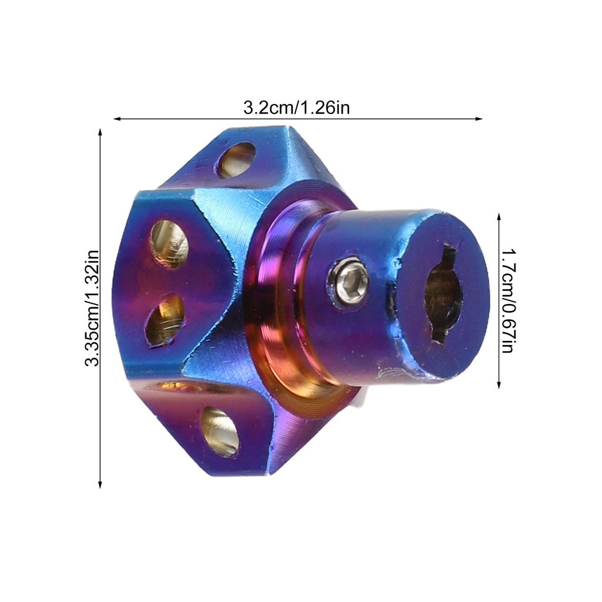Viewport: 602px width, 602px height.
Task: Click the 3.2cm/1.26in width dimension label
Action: pyautogui.click(x=296, y=108)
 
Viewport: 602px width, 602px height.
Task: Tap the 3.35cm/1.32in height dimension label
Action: pyautogui.click(x=92, y=308)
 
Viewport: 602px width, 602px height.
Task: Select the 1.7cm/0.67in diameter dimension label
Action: pyautogui.click(x=508, y=300)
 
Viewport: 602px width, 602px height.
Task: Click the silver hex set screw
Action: pyautogui.click(x=348, y=278)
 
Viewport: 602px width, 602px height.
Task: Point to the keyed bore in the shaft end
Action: pyautogui.click(x=443, y=294)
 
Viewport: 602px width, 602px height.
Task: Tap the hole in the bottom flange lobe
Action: pyautogui.click(x=220, y=432)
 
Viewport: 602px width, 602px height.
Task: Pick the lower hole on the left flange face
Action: pyautogui.click(x=165, y=320)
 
